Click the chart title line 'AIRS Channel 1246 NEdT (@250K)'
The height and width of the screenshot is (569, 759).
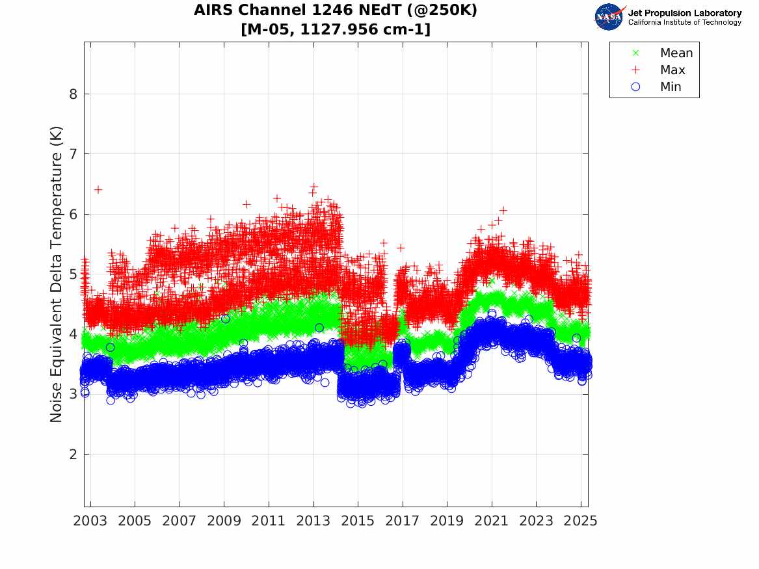(335, 10)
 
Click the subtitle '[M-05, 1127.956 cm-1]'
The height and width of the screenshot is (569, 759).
(335, 30)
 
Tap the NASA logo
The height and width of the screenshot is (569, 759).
(609, 17)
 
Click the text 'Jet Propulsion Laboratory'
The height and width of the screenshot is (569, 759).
(684, 13)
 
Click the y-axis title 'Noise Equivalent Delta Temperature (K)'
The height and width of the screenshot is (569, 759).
(57, 274)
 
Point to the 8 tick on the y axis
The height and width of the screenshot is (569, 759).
(73, 94)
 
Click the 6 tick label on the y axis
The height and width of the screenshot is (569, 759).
(73, 214)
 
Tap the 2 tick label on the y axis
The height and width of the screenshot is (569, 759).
(73, 455)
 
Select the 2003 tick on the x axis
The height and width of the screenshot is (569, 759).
(90, 521)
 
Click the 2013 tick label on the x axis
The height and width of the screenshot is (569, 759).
(313, 521)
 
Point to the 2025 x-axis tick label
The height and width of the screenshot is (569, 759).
(581, 521)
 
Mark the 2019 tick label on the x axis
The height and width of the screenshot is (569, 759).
(447, 521)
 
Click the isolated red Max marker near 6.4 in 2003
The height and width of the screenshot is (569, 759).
(98, 189)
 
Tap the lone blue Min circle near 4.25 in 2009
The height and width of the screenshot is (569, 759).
(225, 319)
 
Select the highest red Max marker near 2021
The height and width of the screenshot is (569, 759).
(503, 210)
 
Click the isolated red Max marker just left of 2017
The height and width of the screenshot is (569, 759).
(401, 248)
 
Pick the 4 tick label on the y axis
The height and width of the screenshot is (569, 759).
(73, 334)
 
